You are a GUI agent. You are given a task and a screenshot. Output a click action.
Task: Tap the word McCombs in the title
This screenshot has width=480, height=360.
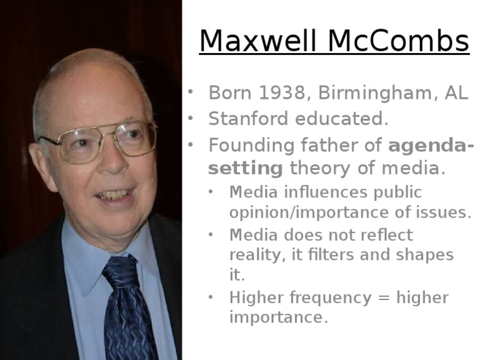tap(398, 42)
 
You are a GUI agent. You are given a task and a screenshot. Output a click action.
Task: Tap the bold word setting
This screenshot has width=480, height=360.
tap(246, 168)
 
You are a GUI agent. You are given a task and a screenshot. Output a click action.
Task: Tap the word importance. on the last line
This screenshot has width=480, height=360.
tap(278, 317)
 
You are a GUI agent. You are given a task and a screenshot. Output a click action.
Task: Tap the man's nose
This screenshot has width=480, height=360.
tap(114, 162)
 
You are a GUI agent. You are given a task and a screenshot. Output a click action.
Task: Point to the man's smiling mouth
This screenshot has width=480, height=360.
tap(114, 194)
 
